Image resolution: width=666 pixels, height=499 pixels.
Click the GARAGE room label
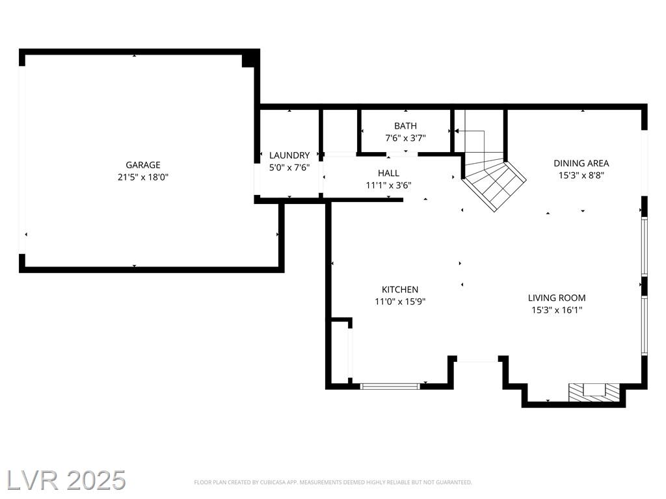click(x=142, y=165)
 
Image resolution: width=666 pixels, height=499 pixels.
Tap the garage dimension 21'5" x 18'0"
click(x=143, y=177)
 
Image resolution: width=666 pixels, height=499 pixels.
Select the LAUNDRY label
click(x=289, y=155)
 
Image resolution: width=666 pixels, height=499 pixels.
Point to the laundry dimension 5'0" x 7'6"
click(x=289, y=168)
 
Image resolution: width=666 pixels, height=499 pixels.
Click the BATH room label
click(x=406, y=126)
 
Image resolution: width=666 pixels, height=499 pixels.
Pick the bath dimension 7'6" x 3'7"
click(x=406, y=138)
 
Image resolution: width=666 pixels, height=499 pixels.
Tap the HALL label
click(x=389, y=173)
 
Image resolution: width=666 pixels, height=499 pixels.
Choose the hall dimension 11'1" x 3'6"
click(x=389, y=185)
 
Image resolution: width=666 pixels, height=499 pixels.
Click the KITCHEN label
click(x=400, y=289)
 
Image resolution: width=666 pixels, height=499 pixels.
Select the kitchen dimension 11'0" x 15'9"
click(x=400, y=301)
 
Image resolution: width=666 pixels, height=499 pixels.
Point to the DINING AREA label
click(x=581, y=163)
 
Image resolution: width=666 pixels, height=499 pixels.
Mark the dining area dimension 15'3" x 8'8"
click(x=581, y=175)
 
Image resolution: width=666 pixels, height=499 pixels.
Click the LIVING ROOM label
click(x=557, y=298)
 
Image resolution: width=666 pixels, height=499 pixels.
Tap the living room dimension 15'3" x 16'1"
click(x=557, y=310)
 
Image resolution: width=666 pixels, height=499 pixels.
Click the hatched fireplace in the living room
click(x=594, y=392)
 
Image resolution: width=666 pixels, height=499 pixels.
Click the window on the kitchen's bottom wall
click(x=390, y=386)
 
